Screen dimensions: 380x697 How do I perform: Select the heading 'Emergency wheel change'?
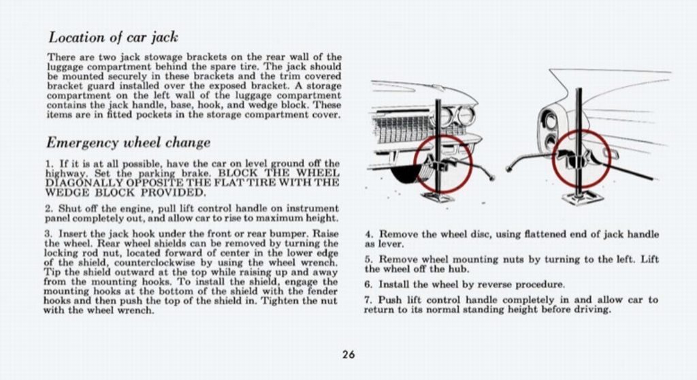(x=128, y=142)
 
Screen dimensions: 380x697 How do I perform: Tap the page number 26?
(x=348, y=354)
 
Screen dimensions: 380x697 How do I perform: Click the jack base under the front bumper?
(x=438, y=197)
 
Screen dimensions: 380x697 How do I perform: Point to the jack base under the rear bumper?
(x=582, y=197)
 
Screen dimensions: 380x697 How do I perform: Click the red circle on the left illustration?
(x=442, y=163)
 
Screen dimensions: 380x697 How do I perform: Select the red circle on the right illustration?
(x=581, y=158)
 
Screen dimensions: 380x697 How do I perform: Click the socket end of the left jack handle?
(x=491, y=177)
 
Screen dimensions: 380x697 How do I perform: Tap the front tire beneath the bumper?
(x=407, y=174)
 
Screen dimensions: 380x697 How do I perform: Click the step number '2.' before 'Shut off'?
(x=49, y=208)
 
